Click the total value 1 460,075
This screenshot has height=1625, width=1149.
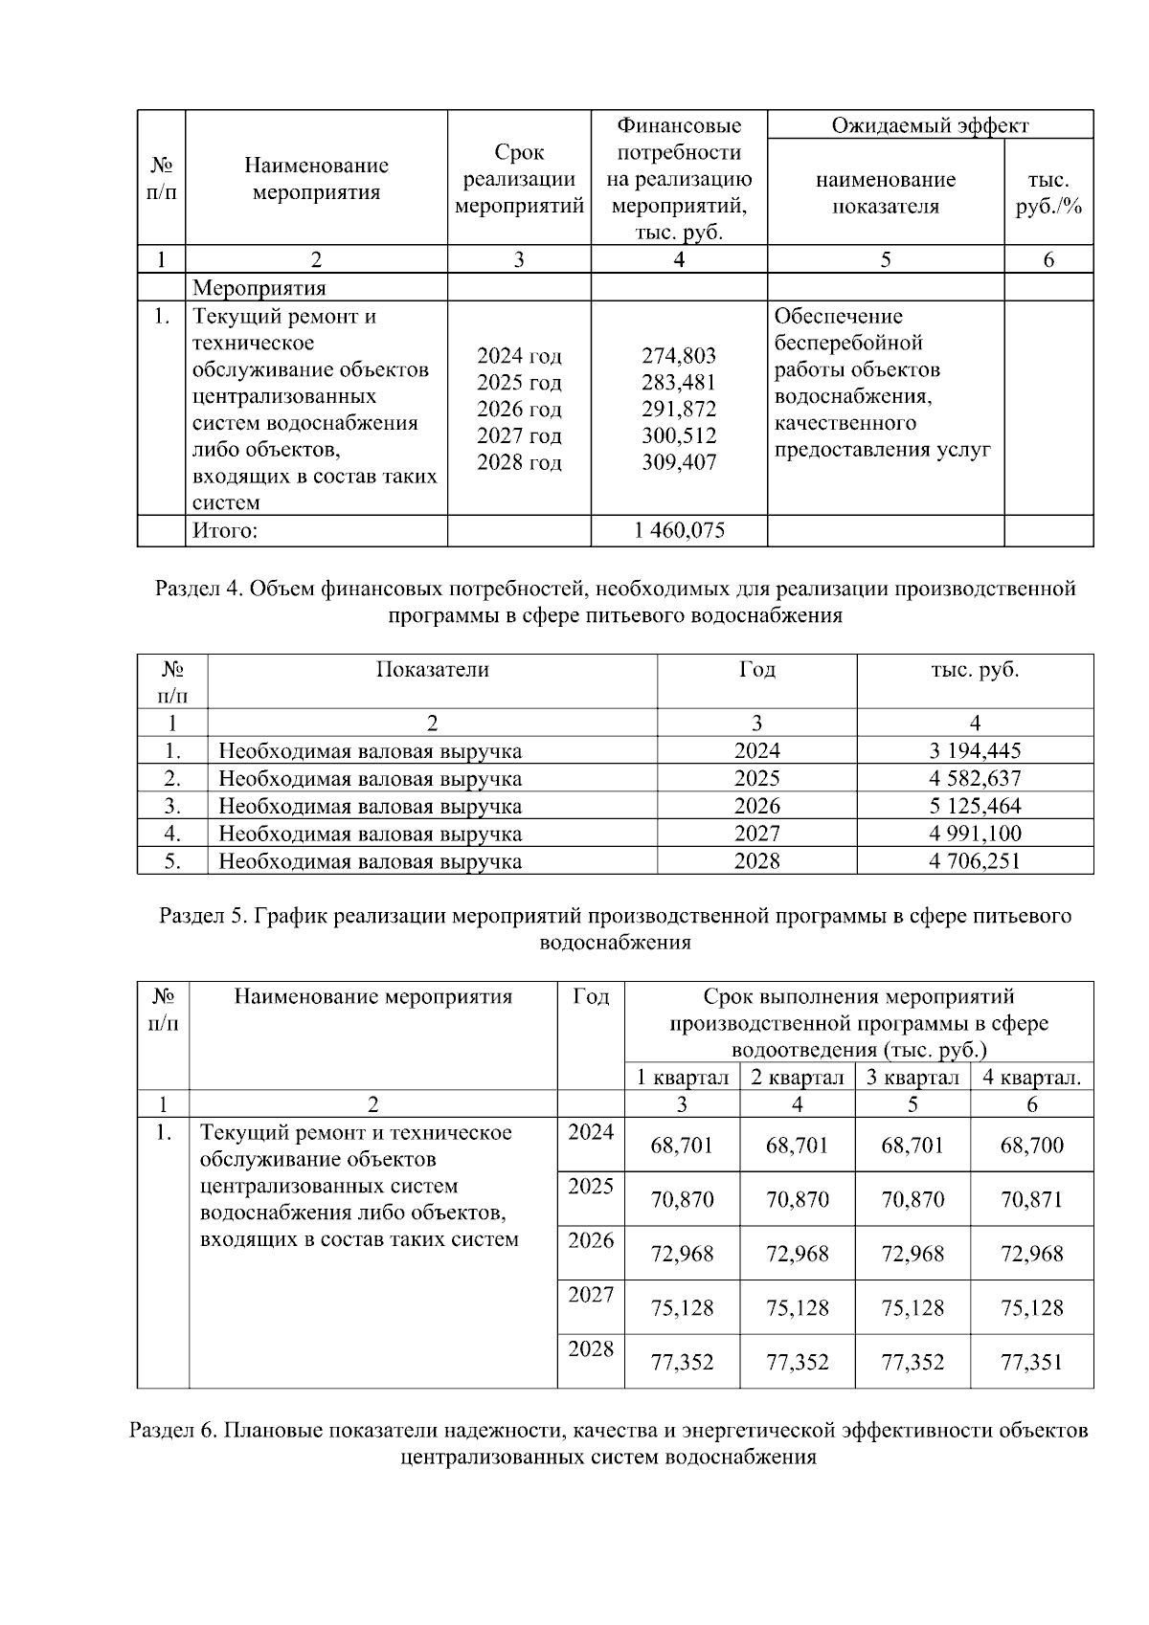click(x=679, y=530)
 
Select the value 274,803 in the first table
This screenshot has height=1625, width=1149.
click(x=679, y=356)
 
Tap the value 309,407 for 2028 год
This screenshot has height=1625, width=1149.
click(x=679, y=463)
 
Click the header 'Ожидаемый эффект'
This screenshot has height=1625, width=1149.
click(x=930, y=125)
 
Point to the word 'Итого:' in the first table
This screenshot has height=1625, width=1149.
click(x=225, y=530)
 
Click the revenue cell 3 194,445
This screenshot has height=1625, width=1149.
click(x=975, y=751)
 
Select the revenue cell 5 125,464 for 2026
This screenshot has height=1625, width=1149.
click(x=975, y=806)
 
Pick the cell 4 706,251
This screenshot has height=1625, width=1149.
click(x=975, y=861)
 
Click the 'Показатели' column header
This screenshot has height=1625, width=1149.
click(x=432, y=670)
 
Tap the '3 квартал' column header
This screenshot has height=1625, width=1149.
click(x=912, y=1078)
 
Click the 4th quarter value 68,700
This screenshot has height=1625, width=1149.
click(x=1031, y=1146)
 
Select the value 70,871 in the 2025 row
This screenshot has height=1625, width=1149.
click(x=1031, y=1200)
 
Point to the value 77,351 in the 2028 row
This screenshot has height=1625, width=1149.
click(x=1031, y=1363)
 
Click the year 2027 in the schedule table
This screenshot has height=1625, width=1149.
click(x=591, y=1296)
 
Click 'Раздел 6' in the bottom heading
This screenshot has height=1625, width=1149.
click(x=171, y=1432)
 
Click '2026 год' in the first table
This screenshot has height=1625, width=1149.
click(x=519, y=410)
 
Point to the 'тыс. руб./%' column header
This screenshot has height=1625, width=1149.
click(x=1048, y=193)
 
